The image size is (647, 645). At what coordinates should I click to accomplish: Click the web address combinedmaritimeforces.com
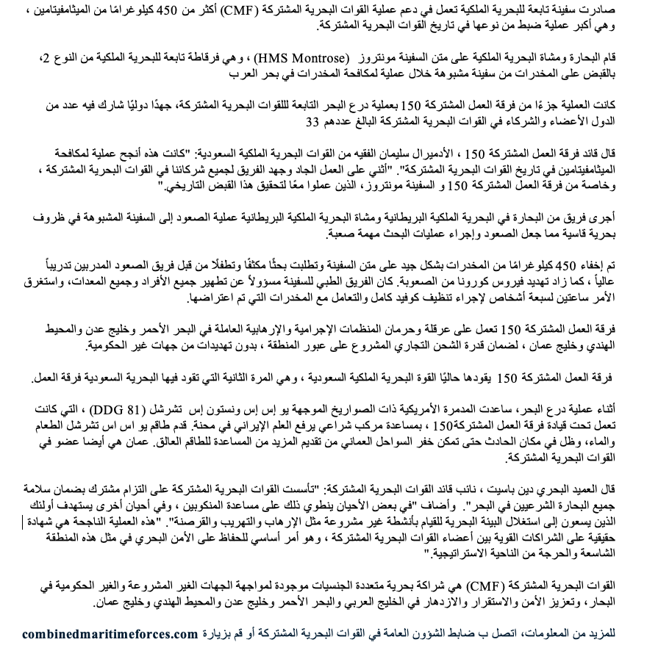click(x=110, y=633)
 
